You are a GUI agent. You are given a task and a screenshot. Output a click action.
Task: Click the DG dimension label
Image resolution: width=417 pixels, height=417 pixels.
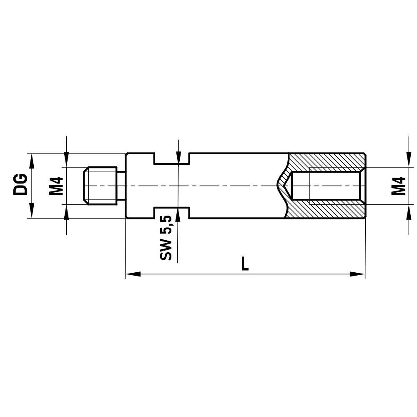pyautogui.click(x=20, y=185)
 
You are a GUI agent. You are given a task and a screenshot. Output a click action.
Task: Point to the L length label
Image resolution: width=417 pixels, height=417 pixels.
pyautogui.click(x=245, y=264)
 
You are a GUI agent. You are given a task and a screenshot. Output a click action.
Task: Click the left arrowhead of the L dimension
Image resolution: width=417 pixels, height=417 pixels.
pyautogui.click(x=133, y=274)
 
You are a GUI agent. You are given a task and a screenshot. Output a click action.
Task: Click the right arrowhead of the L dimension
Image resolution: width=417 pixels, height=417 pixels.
pyautogui.click(x=358, y=274)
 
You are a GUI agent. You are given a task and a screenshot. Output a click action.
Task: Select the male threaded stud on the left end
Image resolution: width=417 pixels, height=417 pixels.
pyautogui.click(x=100, y=186)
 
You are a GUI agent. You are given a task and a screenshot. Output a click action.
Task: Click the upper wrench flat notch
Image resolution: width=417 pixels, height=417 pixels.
pyautogui.click(x=172, y=158)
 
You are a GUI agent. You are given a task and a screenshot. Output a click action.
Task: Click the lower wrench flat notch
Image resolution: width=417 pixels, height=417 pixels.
pyautogui.click(x=172, y=212)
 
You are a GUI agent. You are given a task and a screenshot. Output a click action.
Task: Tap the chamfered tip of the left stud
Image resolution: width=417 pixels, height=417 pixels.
pyautogui.click(x=85, y=186)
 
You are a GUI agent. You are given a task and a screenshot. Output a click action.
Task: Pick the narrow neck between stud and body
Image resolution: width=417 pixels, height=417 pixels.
pyautogui.click(x=121, y=186)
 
